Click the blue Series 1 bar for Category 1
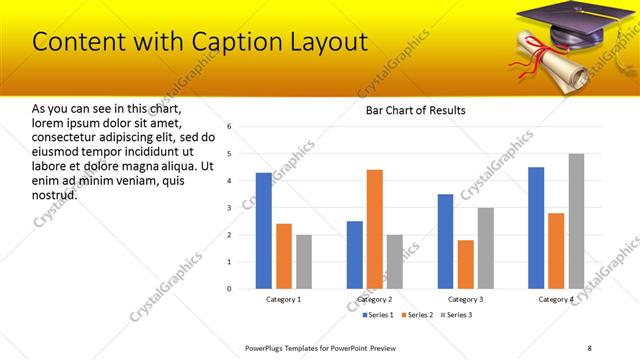click(x=264, y=231)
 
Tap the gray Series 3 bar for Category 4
click(x=576, y=221)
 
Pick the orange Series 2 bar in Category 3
click(x=465, y=264)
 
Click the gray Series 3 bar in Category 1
click(x=304, y=262)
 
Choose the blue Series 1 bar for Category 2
click(x=355, y=255)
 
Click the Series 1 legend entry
click(x=375, y=315)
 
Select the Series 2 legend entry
click(x=415, y=315)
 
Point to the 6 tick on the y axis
click(x=230, y=127)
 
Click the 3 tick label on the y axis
click(x=230, y=208)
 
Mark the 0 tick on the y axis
click(x=230, y=289)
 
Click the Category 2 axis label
click(x=374, y=299)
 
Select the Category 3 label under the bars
click(x=465, y=299)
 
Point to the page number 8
click(x=589, y=347)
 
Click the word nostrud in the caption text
click(x=55, y=193)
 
